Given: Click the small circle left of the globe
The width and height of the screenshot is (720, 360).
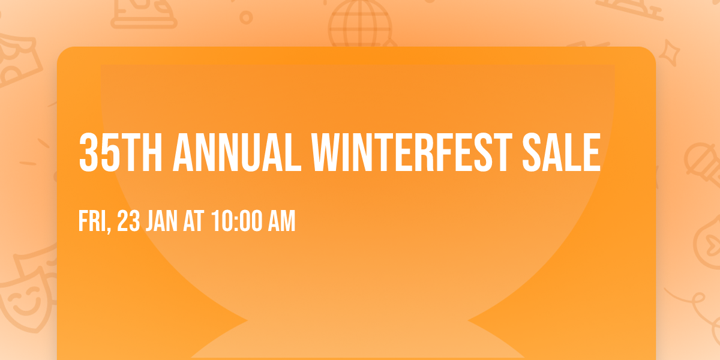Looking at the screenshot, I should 246,17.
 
